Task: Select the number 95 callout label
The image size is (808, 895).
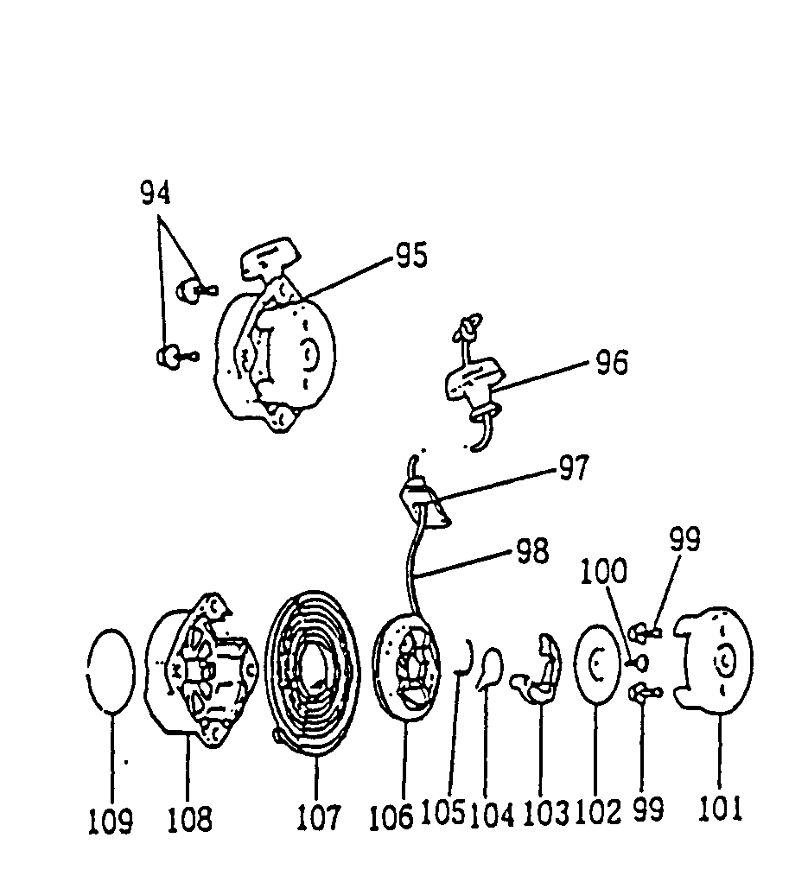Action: pyautogui.click(x=411, y=256)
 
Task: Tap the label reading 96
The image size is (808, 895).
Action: pyautogui.click(x=611, y=362)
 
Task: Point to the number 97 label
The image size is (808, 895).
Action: pyautogui.click(x=572, y=468)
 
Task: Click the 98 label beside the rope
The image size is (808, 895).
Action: pyautogui.click(x=532, y=552)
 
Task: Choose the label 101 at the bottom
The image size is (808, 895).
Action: pyautogui.click(x=720, y=809)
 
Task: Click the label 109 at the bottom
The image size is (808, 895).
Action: pyautogui.click(x=111, y=821)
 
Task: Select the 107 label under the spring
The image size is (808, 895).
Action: pyautogui.click(x=318, y=816)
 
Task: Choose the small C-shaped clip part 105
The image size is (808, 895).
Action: pyautogui.click(x=464, y=661)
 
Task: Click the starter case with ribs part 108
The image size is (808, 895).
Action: pyautogui.click(x=200, y=670)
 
